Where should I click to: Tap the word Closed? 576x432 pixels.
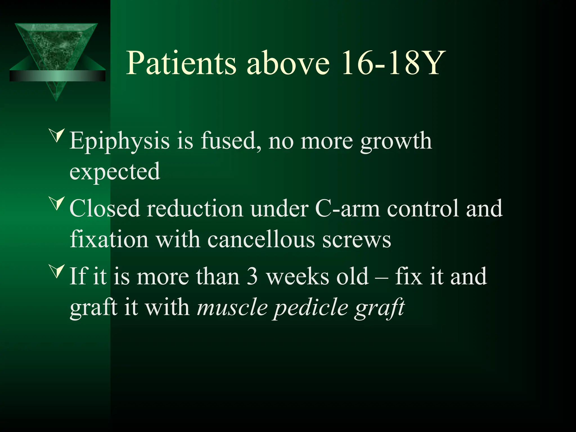click(105, 208)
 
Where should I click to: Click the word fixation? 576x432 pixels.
click(109, 239)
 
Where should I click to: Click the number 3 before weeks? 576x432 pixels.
click(252, 276)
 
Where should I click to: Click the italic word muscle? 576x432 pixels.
click(232, 307)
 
